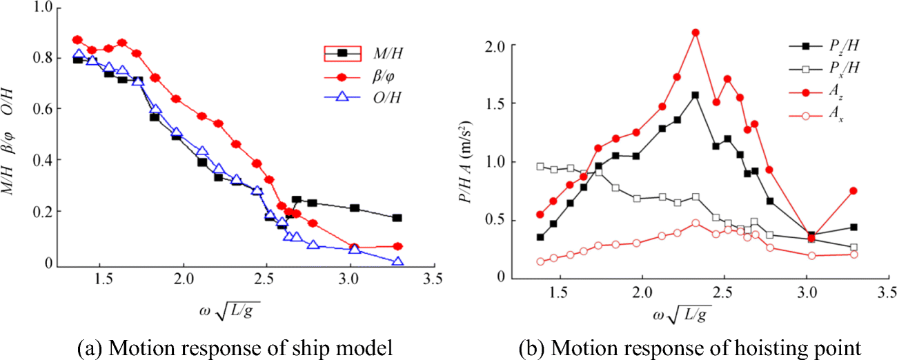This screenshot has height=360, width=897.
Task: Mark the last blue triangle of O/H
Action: click(x=397, y=261)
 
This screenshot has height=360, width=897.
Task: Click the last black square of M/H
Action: click(x=397, y=218)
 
